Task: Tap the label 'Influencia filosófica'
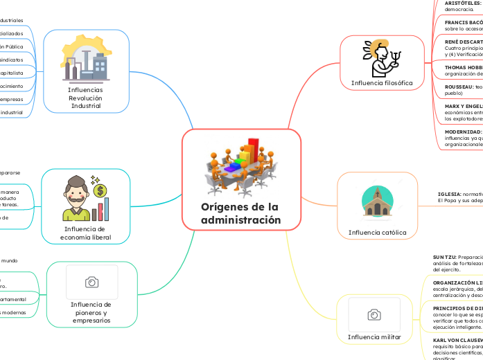pyautogui.click(x=382, y=83)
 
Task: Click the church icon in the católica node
pyautogui.click(x=377, y=201)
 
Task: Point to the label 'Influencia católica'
pyautogui.click(x=377, y=233)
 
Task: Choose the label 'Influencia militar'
pyautogui.click(x=374, y=337)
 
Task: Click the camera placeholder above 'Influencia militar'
pyautogui.click(x=374, y=315)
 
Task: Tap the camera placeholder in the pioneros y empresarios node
pyautogui.click(x=91, y=282)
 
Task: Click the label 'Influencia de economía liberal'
pyautogui.click(x=86, y=233)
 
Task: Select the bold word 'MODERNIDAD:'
pyautogui.click(x=463, y=132)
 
